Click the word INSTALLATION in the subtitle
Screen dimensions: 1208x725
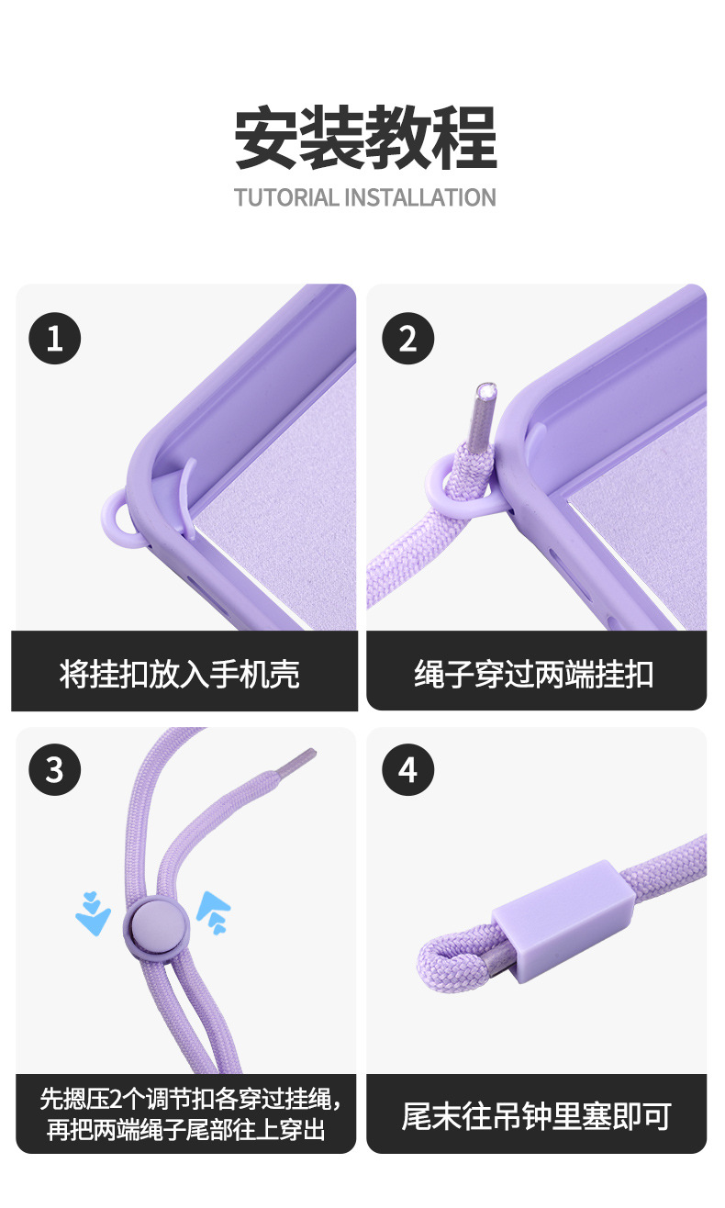(420, 197)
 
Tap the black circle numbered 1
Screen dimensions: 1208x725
(55, 338)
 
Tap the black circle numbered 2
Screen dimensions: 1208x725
(407, 338)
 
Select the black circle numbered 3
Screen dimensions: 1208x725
(55, 768)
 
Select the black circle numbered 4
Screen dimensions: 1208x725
(407, 768)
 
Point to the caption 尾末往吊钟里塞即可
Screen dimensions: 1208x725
(536, 1116)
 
